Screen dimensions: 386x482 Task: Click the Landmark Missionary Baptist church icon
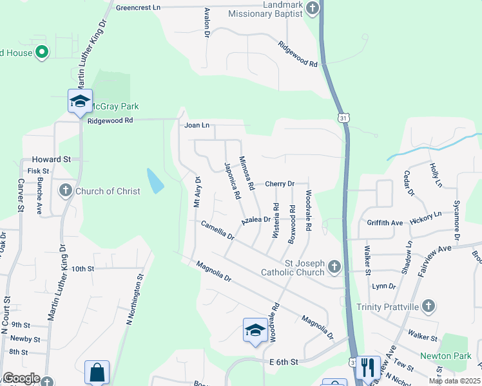[313, 8]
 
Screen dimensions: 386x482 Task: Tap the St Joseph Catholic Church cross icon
[334, 266]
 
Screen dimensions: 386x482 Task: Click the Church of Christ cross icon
[66, 190]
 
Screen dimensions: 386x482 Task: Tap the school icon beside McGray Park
[80, 101]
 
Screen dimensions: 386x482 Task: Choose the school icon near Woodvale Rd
[255, 330]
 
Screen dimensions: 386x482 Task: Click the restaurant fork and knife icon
[367, 367]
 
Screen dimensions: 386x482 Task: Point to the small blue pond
[155, 181]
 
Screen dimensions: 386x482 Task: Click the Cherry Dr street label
[280, 184]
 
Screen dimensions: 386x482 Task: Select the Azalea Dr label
[256, 220]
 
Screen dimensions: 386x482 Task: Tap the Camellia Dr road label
[217, 230]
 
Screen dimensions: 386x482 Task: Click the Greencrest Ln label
[138, 8]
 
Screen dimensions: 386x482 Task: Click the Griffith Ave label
[385, 223]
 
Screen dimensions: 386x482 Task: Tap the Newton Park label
[441, 356]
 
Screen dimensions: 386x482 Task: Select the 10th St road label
[83, 269]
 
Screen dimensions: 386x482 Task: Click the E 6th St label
[284, 362]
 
